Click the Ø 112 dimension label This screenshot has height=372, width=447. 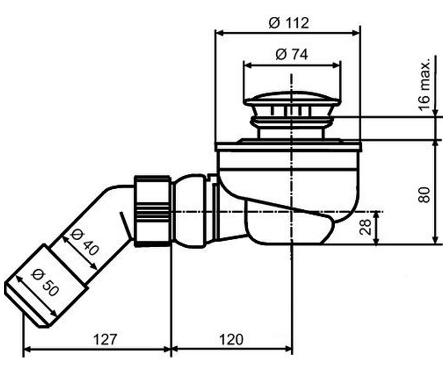[289, 23]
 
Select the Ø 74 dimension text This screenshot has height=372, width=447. [292, 55]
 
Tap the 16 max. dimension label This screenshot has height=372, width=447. [424, 84]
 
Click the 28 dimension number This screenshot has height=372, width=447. [365, 227]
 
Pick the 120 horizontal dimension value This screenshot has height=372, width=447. [231, 339]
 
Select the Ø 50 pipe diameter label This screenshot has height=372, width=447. [45, 283]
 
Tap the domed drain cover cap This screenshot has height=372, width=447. [292, 99]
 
